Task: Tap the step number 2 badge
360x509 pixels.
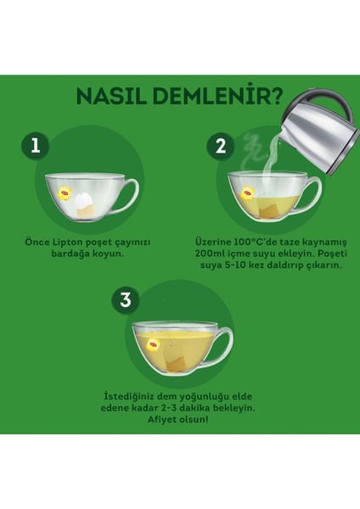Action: click(221, 147)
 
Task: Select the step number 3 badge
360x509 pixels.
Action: click(126, 300)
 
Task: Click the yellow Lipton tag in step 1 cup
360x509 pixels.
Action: click(65, 193)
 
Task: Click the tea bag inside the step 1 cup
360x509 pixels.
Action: click(85, 205)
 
